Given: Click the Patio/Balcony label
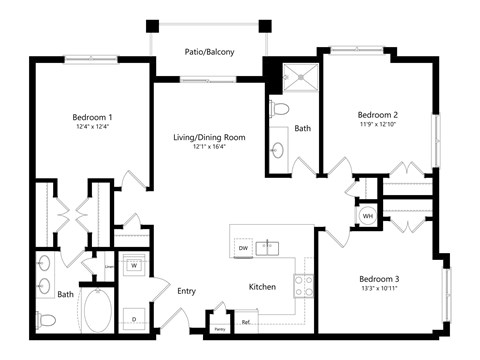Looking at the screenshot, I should (x=210, y=51).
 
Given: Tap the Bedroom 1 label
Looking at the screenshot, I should (x=91, y=115).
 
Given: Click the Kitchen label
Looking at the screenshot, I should (x=262, y=287).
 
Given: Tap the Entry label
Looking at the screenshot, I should (x=187, y=291).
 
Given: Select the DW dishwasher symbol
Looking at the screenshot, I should (x=243, y=247).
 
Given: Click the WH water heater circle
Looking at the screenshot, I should (x=368, y=215).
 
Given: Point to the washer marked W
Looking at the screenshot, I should (x=134, y=267).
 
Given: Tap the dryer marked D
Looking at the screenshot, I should (x=134, y=318).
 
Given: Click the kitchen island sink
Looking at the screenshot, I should (x=269, y=246).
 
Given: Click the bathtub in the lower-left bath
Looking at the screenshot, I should (x=97, y=313).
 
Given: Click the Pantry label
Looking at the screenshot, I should (x=219, y=327).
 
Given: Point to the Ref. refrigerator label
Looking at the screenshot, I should (x=245, y=322).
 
